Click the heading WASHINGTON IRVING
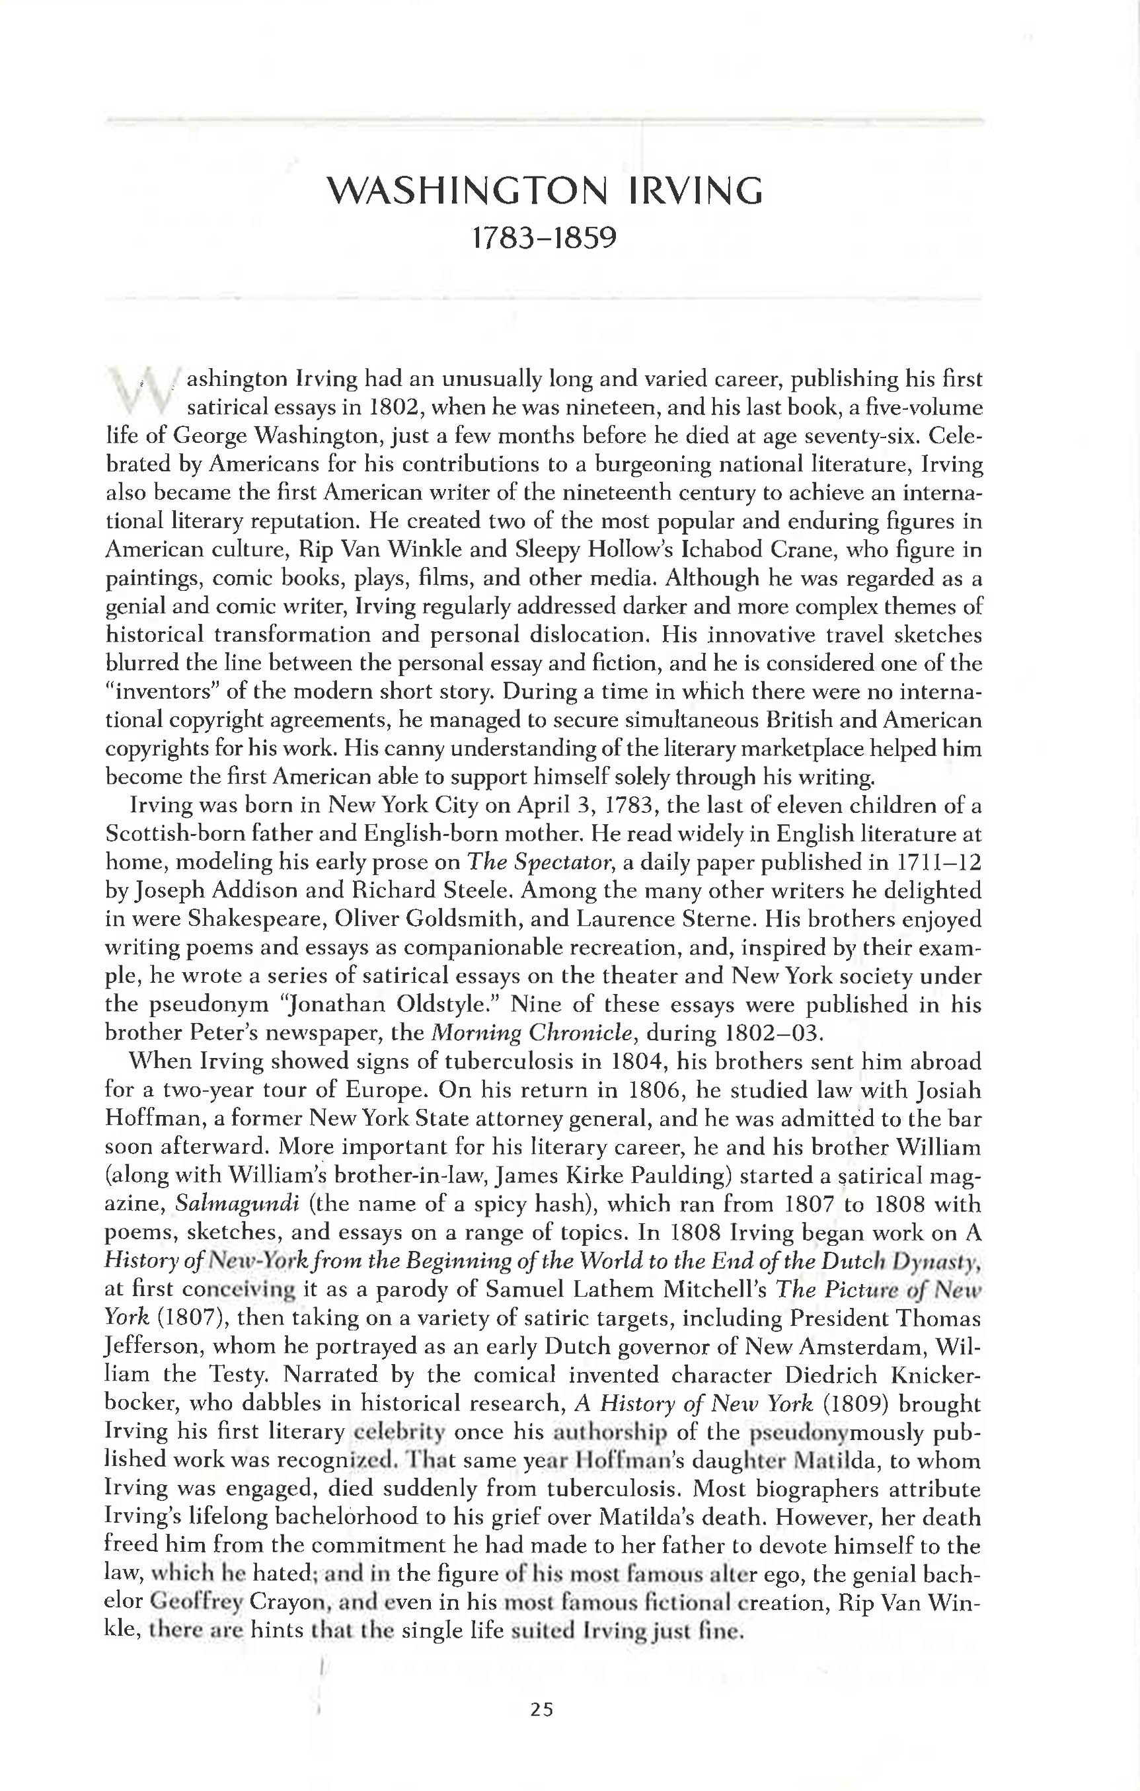pos(545,191)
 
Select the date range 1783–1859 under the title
pos(545,239)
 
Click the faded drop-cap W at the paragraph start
pos(142,391)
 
